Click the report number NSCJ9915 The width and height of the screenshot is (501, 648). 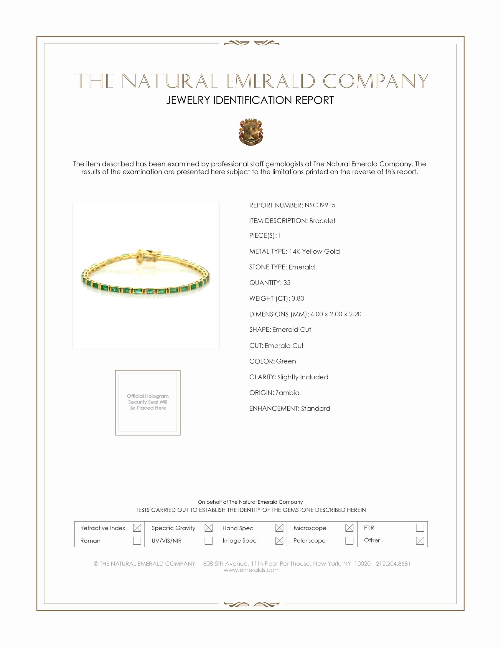pyautogui.click(x=320, y=205)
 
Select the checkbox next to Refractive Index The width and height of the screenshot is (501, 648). pyautogui.click(x=137, y=528)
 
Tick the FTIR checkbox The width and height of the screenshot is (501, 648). pyautogui.click(x=420, y=528)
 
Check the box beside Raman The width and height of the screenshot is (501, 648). pyautogui.click(x=137, y=540)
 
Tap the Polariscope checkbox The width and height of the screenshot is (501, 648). pyautogui.click(x=349, y=540)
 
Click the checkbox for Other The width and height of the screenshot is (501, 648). pyautogui.click(x=420, y=540)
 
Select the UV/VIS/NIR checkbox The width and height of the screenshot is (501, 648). pyautogui.click(x=208, y=540)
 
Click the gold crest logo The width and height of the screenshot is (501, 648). pyautogui.click(x=251, y=132)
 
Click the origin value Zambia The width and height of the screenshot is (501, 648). pyautogui.click(x=287, y=393)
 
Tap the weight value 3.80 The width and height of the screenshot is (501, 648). pyautogui.click(x=298, y=298)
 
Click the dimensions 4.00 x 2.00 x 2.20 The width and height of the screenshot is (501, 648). pyautogui.click(x=336, y=314)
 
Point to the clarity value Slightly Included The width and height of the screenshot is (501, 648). pyautogui.click(x=303, y=377)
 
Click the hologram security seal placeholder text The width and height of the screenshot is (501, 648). pyautogui.click(x=148, y=402)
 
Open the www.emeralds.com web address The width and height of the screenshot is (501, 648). pyautogui.click(x=251, y=570)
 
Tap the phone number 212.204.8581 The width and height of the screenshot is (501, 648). pyautogui.click(x=393, y=563)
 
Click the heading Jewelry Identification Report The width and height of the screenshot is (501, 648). pyautogui.click(x=250, y=100)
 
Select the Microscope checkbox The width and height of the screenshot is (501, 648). pyautogui.click(x=349, y=528)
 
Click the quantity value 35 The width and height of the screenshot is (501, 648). pyautogui.click(x=286, y=282)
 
